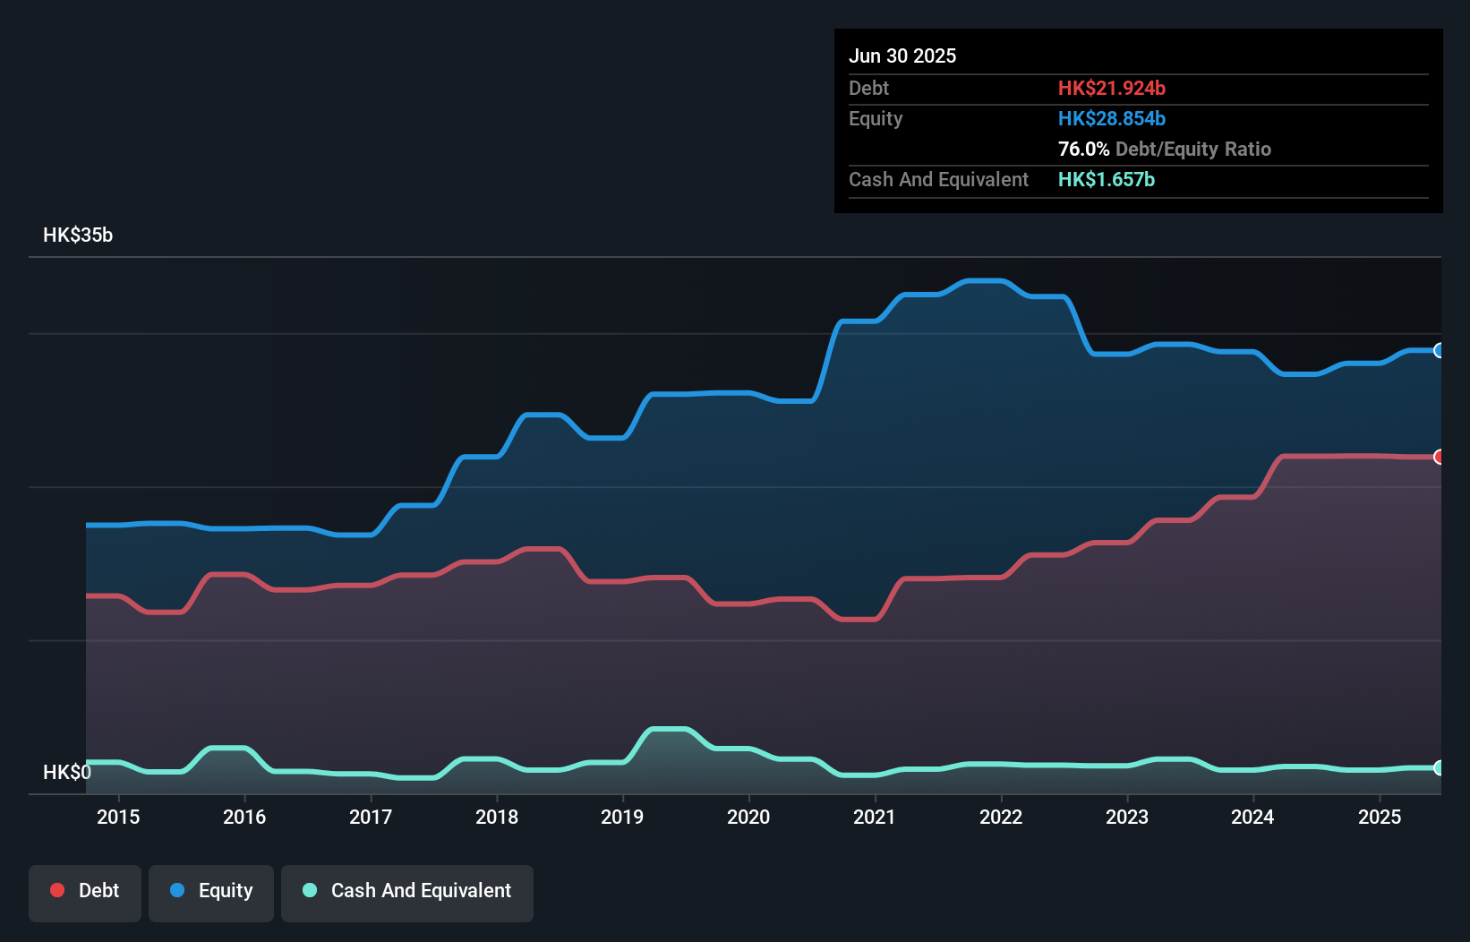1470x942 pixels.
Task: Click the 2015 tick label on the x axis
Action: (118, 817)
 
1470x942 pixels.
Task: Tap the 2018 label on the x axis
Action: (497, 817)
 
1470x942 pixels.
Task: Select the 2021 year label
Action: (875, 817)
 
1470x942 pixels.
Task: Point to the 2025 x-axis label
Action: (1380, 817)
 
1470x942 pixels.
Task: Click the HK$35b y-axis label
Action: (78, 235)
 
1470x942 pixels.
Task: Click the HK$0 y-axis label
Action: (67, 772)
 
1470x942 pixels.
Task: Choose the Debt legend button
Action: (85, 891)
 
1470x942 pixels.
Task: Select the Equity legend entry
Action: (211, 891)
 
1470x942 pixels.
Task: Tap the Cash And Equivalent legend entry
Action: (407, 891)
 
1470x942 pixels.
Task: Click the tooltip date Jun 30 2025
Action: (902, 56)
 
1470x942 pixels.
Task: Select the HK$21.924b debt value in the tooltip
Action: (1111, 88)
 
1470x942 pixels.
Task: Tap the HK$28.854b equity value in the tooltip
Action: (1111, 118)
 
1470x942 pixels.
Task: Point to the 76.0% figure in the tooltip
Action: (1083, 149)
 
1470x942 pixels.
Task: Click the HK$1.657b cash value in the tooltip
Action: (1106, 179)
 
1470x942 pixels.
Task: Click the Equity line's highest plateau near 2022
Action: (985, 281)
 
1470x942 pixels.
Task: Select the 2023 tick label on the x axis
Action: (1127, 817)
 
